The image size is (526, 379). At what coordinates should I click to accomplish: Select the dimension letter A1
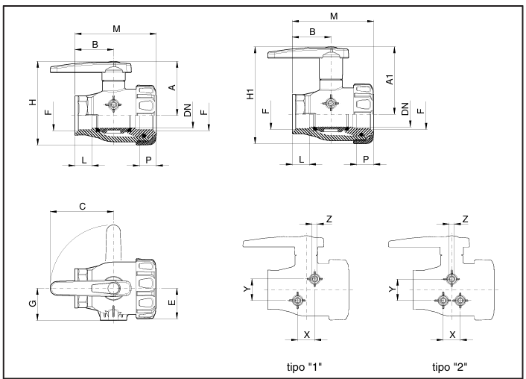[x=390, y=80]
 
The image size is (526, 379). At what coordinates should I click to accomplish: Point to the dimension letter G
[x=33, y=304]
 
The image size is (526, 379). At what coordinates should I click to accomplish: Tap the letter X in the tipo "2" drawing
[x=451, y=333]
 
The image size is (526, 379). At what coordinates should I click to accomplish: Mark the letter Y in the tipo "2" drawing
[x=392, y=288]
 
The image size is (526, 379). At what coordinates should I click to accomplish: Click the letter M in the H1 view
[x=334, y=16]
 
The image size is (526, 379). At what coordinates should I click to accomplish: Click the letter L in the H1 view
[x=301, y=160]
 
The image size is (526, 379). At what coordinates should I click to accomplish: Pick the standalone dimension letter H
[x=32, y=101]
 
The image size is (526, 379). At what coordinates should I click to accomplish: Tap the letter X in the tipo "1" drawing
[x=305, y=333]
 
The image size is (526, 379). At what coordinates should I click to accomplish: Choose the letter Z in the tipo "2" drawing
[x=465, y=218]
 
